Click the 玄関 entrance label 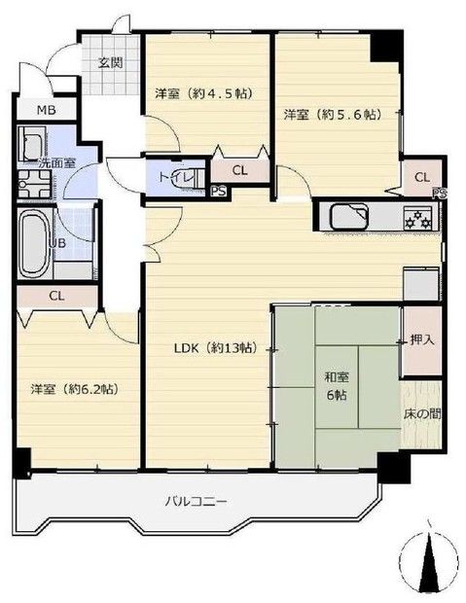point(110,63)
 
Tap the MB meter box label point(46,110)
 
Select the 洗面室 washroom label point(56,163)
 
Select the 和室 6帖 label point(337,385)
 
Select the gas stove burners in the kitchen point(418,216)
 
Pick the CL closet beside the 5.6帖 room point(422,177)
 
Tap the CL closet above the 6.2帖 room point(56,297)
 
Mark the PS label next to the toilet point(219,192)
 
